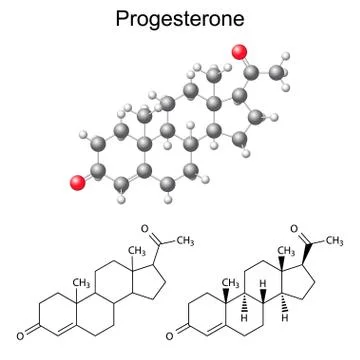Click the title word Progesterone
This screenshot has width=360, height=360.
pos(180,19)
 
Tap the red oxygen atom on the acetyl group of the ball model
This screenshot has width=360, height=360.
pos(238,52)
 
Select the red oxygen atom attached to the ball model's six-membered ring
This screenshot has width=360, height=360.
pos(77,181)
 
